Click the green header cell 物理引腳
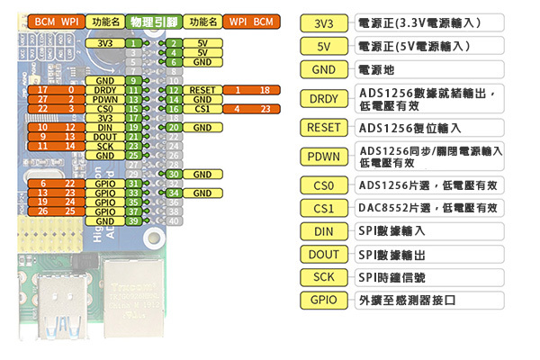click(x=152, y=21)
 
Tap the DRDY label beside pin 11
click(x=104, y=90)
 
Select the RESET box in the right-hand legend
click(x=324, y=128)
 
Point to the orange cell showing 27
click(x=43, y=100)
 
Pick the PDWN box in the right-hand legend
click(x=324, y=157)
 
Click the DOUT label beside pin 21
click(x=104, y=137)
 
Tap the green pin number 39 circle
click(x=132, y=220)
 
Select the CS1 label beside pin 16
click(x=202, y=109)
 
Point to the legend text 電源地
click(x=377, y=69)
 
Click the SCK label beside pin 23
click(x=104, y=146)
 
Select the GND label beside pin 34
click(x=202, y=193)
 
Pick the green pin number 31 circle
click(x=132, y=184)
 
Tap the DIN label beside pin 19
click(x=104, y=128)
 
